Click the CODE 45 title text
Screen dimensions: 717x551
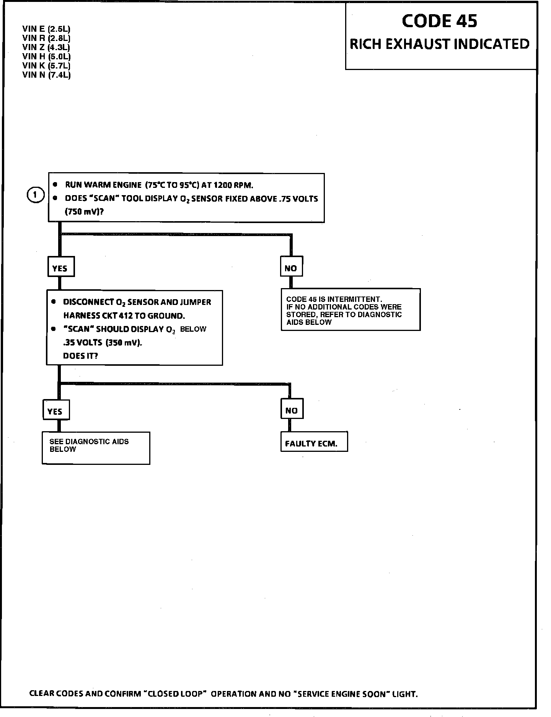click(x=439, y=21)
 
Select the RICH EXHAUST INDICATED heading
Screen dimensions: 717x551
click(x=440, y=44)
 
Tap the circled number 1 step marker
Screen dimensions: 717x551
click(x=35, y=195)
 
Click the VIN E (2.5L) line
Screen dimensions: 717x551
click(x=46, y=29)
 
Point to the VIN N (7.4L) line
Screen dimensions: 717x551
click(x=46, y=75)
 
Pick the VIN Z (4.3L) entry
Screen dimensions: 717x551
click(x=46, y=47)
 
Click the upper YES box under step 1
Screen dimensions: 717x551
click(x=60, y=268)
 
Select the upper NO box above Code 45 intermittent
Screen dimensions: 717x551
click(x=291, y=268)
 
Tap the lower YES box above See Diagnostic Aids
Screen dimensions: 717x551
click(x=55, y=411)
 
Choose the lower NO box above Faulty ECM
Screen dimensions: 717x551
click(x=291, y=411)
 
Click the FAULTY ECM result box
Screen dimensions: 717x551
click(x=313, y=443)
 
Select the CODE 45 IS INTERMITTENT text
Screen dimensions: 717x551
click(x=334, y=299)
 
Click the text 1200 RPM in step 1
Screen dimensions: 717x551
click(x=233, y=185)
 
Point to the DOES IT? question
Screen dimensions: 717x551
click(x=80, y=356)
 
